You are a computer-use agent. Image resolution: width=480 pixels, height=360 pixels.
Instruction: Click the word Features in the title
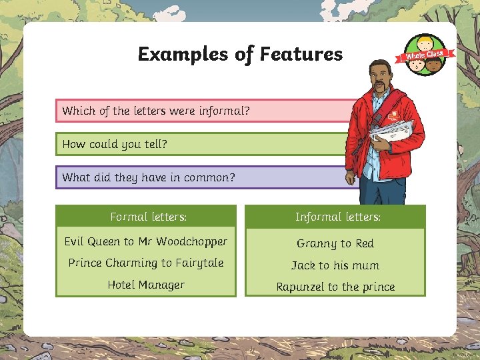click(x=301, y=54)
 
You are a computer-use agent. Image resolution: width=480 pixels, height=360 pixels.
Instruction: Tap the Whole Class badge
click(x=426, y=55)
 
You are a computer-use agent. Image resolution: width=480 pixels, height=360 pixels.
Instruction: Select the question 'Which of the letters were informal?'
click(x=156, y=111)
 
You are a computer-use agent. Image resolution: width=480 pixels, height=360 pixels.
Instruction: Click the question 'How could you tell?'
click(x=115, y=144)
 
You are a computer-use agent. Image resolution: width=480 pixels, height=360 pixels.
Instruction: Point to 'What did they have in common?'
click(x=149, y=177)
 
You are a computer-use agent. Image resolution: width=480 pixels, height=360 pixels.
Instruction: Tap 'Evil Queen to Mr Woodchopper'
click(x=146, y=241)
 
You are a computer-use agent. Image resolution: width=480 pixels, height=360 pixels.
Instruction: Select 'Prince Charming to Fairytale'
click(x=146, y=263)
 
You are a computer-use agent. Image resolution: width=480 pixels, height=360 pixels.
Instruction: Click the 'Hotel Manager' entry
click(x=146, y=285)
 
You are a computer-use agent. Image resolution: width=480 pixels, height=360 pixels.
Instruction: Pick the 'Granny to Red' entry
click(x=335, y=243)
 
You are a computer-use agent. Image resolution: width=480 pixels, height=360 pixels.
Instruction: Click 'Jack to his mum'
click(x=335, y=265)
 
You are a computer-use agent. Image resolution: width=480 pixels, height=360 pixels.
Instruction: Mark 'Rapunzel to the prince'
click(x=335, y=287)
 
